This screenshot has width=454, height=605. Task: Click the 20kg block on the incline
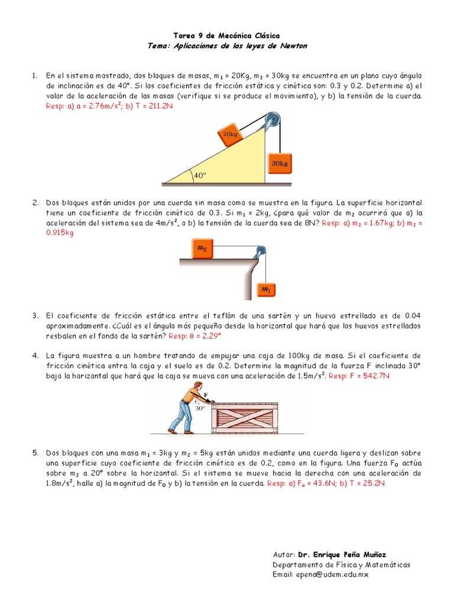click(230, 134)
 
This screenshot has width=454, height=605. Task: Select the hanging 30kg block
click(280, 163)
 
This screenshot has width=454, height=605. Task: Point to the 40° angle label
click(200, 175)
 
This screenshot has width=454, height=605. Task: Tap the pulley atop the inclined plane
click(273, 119)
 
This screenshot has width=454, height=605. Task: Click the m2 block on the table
click(202, 248)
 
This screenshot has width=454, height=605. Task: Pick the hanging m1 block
click(267, 290)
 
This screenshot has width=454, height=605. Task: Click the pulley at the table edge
click(260, 252)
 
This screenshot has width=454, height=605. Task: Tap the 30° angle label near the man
click(200, 408)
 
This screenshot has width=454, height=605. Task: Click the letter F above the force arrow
click(206, 395)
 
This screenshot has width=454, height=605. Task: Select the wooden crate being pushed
click(245, 418)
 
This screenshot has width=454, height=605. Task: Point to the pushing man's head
click(198, 386)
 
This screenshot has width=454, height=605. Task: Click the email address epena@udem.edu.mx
click(332, 574)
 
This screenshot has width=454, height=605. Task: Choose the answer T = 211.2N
click(154, 106)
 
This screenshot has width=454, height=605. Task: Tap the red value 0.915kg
click(60, 233)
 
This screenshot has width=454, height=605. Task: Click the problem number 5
click(35, 453)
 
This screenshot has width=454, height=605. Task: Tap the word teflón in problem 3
click(224, 315)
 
